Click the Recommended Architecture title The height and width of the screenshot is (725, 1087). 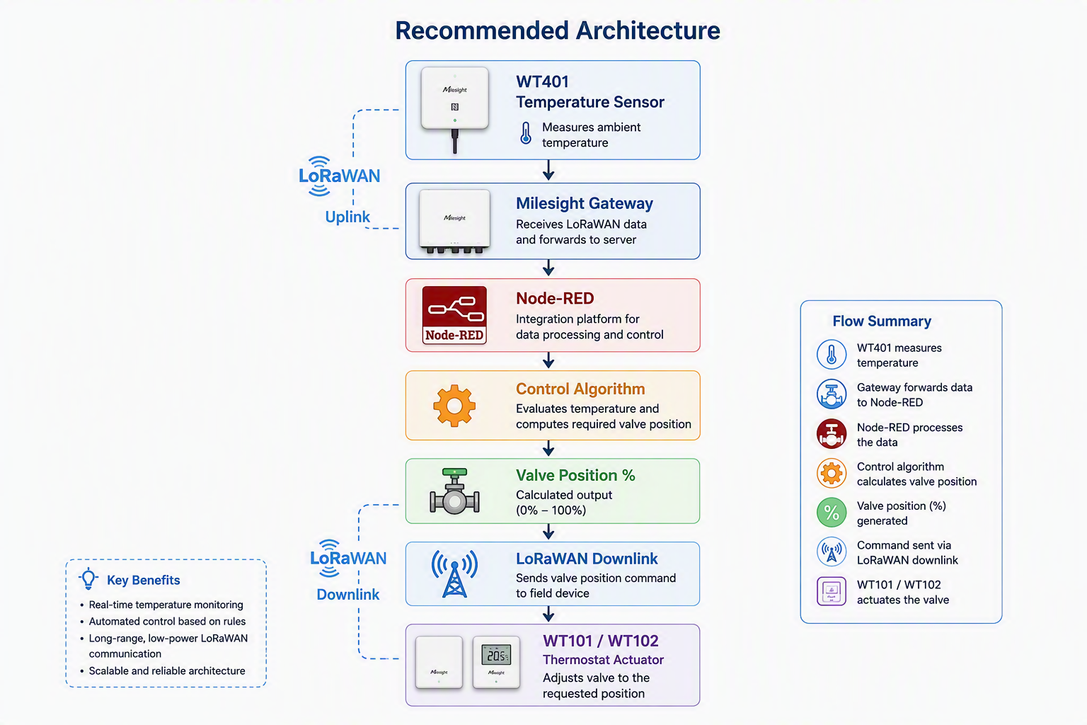[557, 30]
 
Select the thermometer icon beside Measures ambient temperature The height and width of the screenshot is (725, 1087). [526, 133]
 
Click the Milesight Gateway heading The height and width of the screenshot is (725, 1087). [585, 203]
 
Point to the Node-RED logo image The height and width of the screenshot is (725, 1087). [454, 314]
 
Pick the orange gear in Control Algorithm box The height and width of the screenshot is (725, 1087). [454, 406]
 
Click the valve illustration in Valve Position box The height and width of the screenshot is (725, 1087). [455, 491]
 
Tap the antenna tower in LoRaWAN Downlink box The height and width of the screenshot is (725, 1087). [455, 573]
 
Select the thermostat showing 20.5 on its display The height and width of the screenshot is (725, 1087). [496, 662]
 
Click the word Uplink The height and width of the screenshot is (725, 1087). [347, 217]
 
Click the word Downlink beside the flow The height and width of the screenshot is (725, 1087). [348, 595]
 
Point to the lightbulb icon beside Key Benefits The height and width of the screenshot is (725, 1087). [88, 578]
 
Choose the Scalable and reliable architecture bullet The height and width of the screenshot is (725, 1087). [167, 670]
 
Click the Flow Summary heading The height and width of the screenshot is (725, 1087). [882, 321]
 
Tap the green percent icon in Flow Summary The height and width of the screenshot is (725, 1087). [832, 513]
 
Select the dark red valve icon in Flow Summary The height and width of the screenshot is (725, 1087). [832, 433]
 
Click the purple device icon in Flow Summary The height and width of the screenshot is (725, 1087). [832, 591]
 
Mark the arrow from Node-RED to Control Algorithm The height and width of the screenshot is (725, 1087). [548, 360]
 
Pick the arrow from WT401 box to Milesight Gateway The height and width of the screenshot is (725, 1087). [548, 171]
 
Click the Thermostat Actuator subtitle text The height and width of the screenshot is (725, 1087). [603, 659]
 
